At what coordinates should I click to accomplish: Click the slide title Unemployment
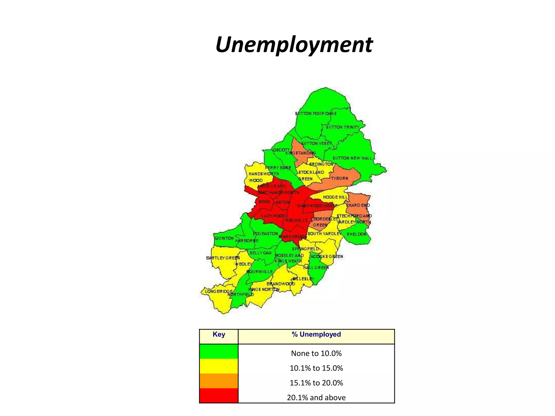(294, 45)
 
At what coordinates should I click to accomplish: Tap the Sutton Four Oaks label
(316, 113)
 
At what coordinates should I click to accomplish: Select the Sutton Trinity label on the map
(343, 127)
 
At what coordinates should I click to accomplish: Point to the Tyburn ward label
(339, 178)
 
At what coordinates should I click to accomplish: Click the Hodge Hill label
(335, 197)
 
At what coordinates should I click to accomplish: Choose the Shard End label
(358, 205)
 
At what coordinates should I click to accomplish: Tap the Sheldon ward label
(356, 234)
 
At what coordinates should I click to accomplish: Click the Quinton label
(224, 238)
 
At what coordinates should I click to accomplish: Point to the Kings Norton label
(264, 290)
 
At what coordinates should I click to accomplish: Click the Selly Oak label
(260, 253)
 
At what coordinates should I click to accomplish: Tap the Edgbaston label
(265, 234)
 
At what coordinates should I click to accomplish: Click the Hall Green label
(316, 268)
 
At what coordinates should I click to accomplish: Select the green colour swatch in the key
(218, 352)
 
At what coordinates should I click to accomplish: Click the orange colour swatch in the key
(218, 381)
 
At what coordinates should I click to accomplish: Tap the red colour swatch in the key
(218, 396)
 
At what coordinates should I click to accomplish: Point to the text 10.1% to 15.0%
(316, 368)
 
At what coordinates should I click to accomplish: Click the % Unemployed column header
(316, 334)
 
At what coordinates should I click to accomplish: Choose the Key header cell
(219, 334)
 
